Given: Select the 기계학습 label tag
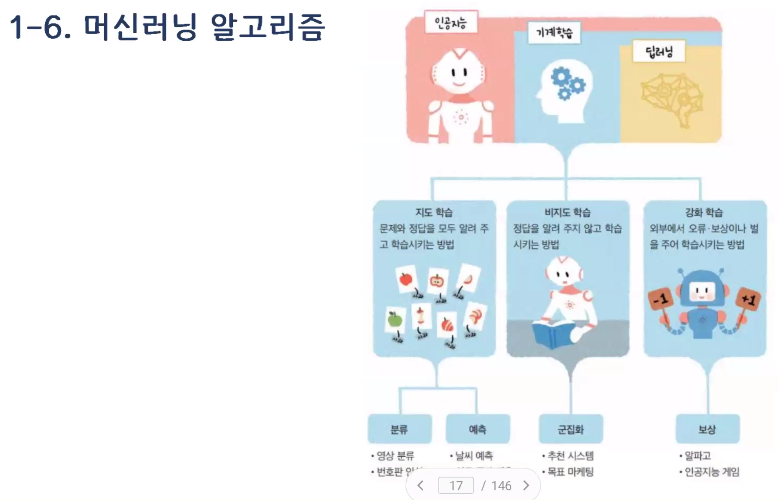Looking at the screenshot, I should (x=554, y=33).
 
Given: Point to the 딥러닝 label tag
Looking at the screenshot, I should (x=659, y=51).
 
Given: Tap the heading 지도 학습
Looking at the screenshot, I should (x=434, y=212).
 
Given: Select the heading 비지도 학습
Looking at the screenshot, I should (x=567, y=212).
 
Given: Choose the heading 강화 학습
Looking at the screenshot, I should (x=704, y=212).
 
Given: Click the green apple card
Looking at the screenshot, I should (x=395, y=320).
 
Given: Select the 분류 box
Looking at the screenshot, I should (x=399, y=429).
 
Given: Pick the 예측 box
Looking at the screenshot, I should (x=477, y=429).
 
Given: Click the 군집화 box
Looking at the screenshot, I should (x=571, y=429).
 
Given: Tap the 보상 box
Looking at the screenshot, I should (x=707, y=429).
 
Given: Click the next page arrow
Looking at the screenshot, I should (x=526, y=486).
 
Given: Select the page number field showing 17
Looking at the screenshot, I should (x=456, y=486).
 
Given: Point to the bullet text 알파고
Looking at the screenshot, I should (x=698, y=455).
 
